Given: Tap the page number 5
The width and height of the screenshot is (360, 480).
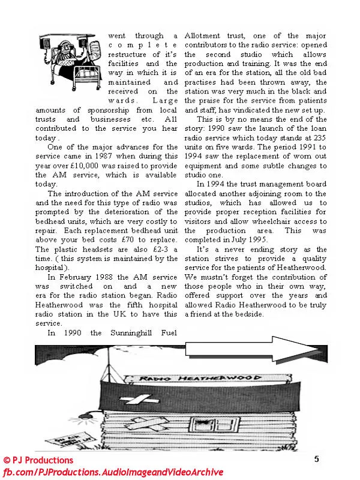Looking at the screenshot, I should point(316,459).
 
